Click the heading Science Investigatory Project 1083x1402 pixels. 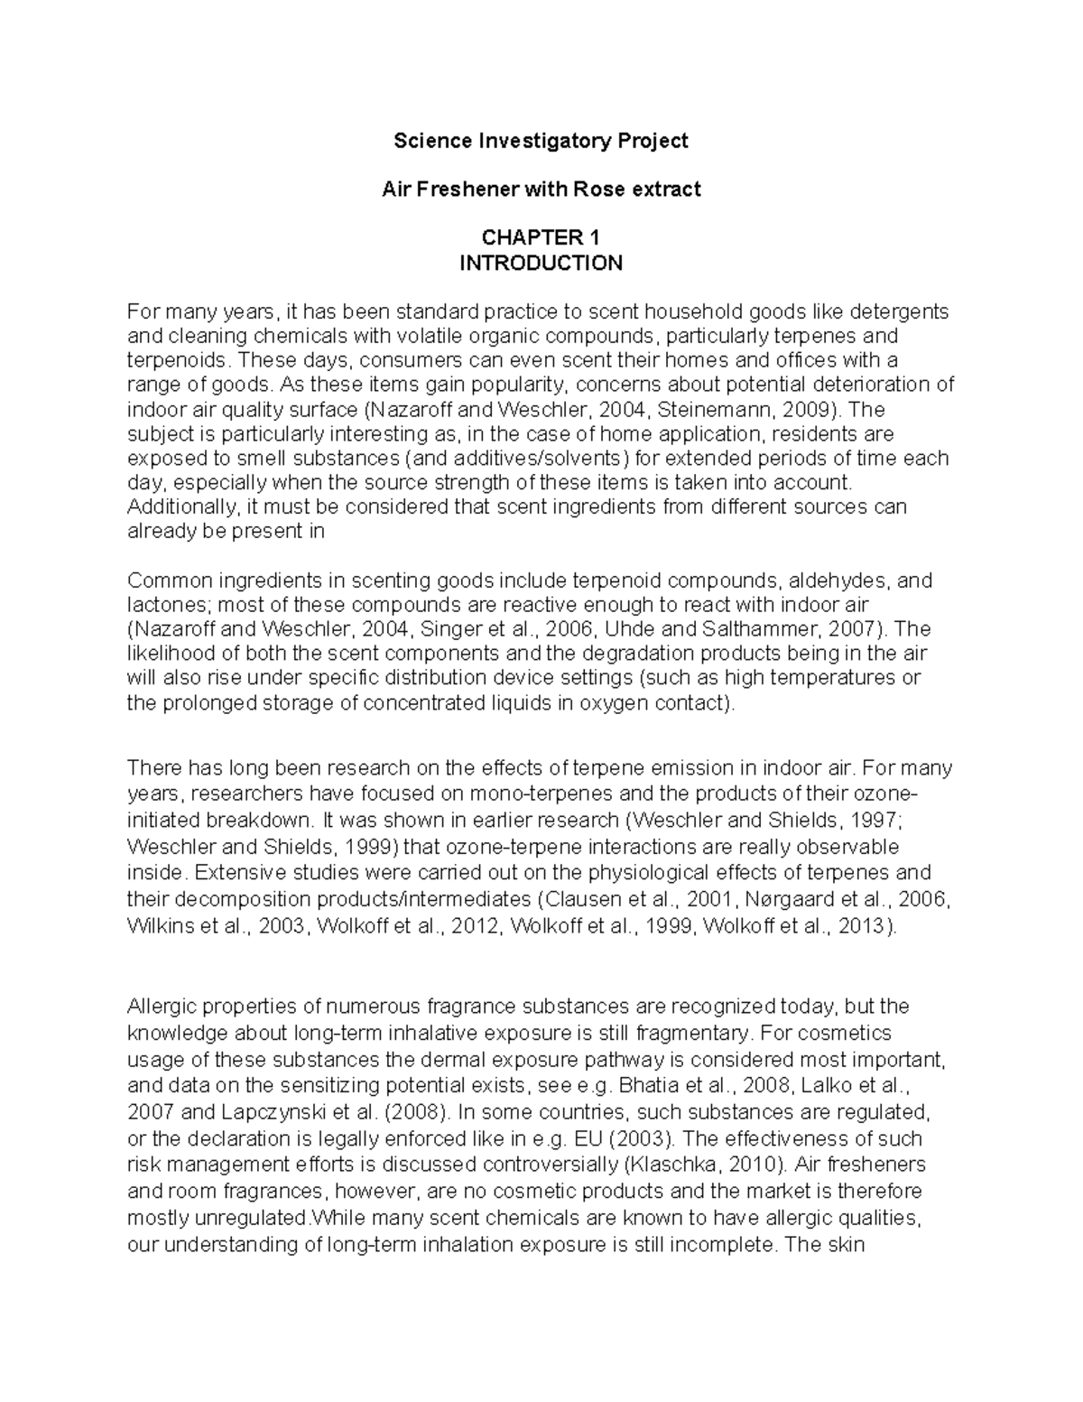541,141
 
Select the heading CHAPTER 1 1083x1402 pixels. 541,238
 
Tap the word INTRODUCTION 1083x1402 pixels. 541,263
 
